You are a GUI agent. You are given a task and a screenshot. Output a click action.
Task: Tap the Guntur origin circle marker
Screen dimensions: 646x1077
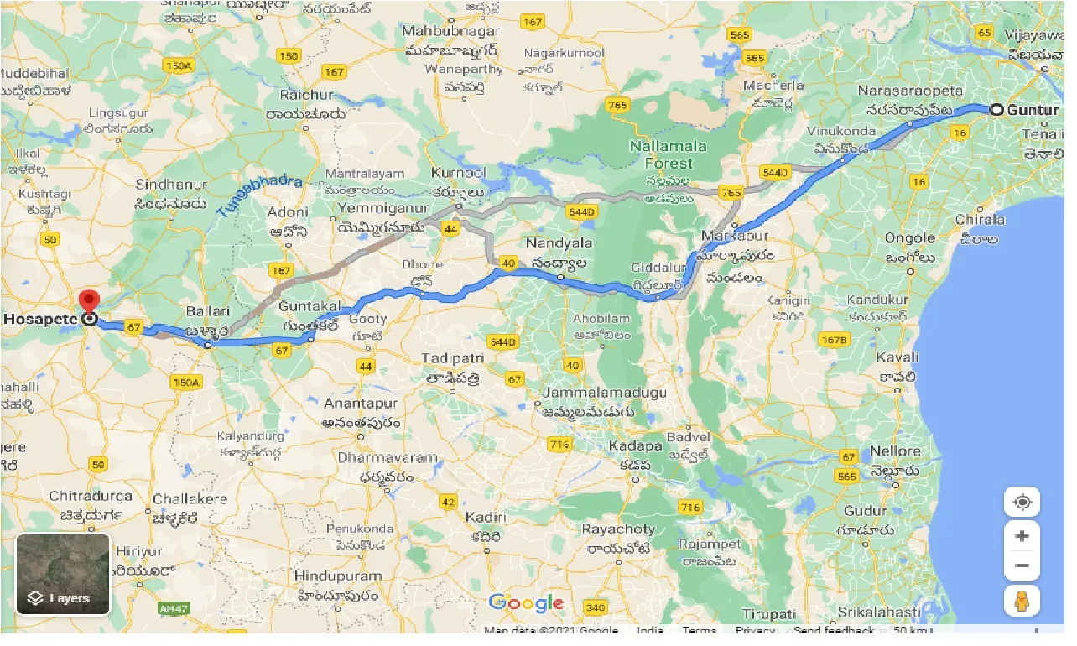pyautogui.click(x=996, y=109)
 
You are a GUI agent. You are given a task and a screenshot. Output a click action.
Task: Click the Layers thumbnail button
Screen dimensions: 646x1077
pyautogui.click(x=63, y=575)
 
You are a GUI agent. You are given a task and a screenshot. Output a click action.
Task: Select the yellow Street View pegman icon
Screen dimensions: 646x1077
pyautogui.click(x=1022, y=602)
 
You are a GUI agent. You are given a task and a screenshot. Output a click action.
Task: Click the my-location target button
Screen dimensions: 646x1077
pyautogui.click(x=1022, y=503)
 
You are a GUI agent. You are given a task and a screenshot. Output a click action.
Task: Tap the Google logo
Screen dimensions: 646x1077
pyautogui.click(x=527, y=602)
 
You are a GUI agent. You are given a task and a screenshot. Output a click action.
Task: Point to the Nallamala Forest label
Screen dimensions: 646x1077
pyautogui.click(x=669, y=154)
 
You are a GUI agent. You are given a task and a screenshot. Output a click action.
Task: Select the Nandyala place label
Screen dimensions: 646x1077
pyautogui.click(x=559, y=243)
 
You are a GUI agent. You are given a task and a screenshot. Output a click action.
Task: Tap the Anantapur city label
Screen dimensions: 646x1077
pyautogui.click(x=361, y=404)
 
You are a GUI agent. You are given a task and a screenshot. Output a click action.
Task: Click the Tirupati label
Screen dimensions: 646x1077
pyautogui.click(x=767, y=615)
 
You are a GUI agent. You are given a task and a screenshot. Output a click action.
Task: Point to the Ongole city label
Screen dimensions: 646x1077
pyautogui.click(x=909, y=238)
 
